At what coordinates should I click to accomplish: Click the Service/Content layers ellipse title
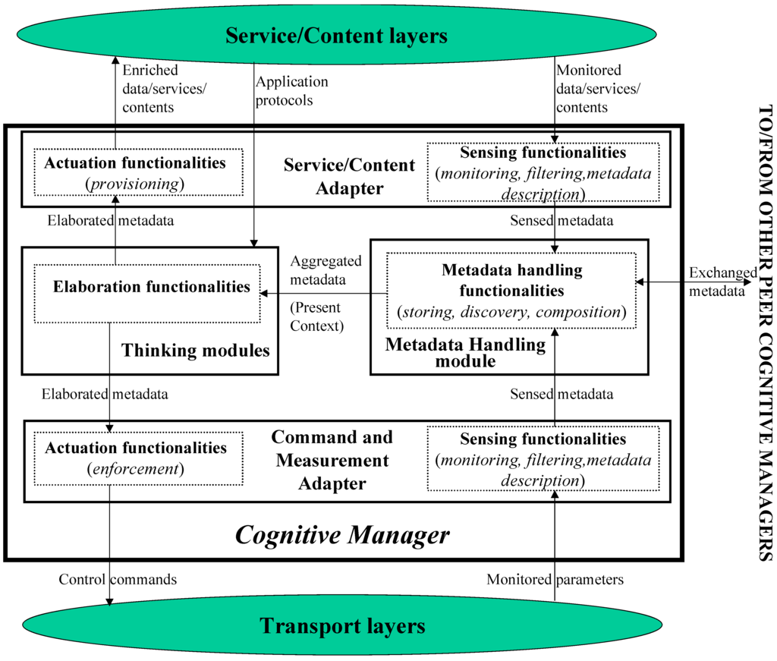click(x=336, y=35)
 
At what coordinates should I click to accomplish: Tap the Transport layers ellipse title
click(x=342, y=626)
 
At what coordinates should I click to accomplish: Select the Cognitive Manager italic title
click(x=341, y=535)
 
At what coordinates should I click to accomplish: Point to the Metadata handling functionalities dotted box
click(x=511, y=291)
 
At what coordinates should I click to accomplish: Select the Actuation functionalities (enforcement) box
click(x=136, y=458)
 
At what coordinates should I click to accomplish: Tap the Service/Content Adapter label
click(x=349, y=176)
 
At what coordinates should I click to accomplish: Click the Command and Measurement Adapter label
click(x=332, y=460)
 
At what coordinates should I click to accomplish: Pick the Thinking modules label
click(x=196, y=351)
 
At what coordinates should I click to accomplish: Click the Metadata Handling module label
click(x=465, y=352)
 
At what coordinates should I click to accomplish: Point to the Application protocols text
click(x=292, y=90)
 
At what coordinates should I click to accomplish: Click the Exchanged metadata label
click(x=722, y=281)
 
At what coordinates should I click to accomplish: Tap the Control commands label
click(x=118, y=580)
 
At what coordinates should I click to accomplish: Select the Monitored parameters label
click(x=555, y=580)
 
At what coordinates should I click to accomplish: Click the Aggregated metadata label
click(x=326, y=269)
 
